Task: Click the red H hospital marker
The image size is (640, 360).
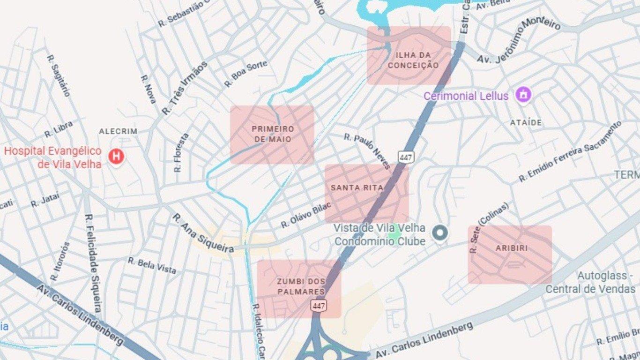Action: click(x=116, y=157)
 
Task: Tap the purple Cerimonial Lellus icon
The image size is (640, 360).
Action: click(x=523, y=95)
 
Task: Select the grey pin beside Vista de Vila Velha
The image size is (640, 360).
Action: click(x=439, y=233)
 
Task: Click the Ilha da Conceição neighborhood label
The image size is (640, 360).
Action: click(x=413, y=60)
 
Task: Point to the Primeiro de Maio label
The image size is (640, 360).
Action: click(x=273, y=134)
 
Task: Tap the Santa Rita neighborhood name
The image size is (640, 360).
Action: click(x=357, y=188)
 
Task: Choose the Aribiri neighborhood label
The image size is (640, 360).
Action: click(x=512, y=248)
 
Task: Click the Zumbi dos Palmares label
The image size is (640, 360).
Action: click(x=300, y=286)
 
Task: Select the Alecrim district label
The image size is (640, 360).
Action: click(x=118, y=132)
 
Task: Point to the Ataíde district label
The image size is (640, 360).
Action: click(x=526, y=123)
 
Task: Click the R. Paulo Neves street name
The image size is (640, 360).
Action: click(x=367, y=151)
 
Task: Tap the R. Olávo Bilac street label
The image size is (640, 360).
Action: click(x=306, y=215)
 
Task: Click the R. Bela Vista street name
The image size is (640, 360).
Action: click(x=152, y=265)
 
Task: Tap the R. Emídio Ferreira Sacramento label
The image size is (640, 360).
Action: click(x=570, y=151)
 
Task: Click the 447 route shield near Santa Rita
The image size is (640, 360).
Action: click(x=406, y=157)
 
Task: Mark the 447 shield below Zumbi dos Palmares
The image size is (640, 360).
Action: click(x=319, y=306)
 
